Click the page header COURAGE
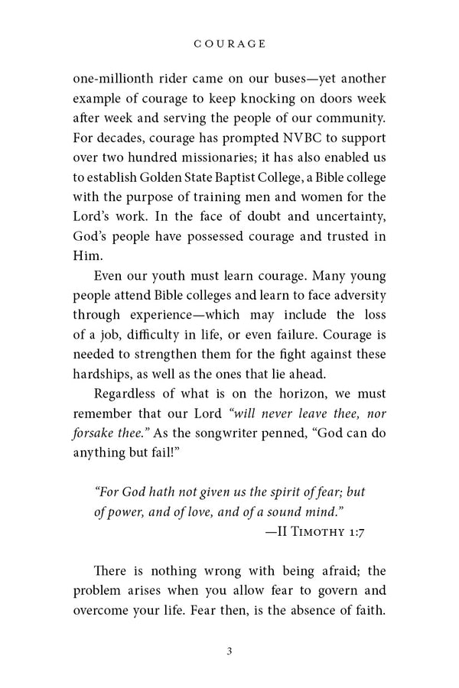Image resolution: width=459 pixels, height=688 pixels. pyautogui.click(x=229, y=44)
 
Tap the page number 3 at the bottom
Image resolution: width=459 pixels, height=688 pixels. pyautogui.click(x=229, y=651)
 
